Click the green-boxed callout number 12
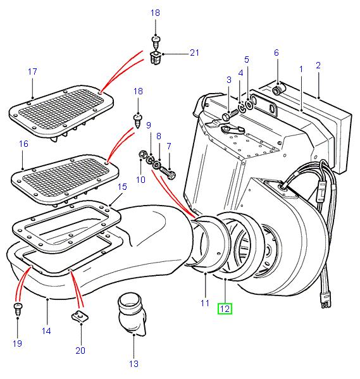(225, 309)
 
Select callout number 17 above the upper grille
(33, 72)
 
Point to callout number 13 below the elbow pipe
(135, 363)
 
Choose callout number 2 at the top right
(318, 65)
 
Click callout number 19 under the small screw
(17, 343)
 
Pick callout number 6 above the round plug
(276, 53)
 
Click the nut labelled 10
(144, 155)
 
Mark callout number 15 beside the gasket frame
(122, 187)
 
